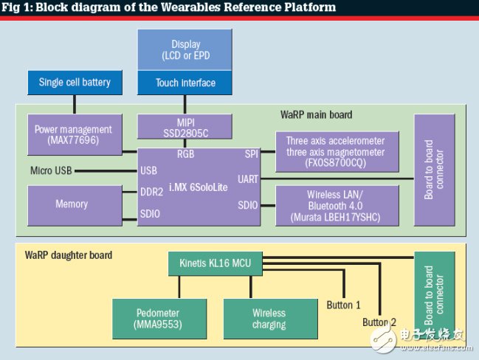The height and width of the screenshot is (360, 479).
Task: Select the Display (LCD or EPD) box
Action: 185,50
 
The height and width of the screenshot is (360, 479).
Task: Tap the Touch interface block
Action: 185,83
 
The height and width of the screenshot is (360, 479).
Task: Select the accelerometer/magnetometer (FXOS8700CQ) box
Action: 335,151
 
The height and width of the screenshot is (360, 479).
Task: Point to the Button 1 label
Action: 344,305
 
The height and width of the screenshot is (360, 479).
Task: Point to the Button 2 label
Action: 379,322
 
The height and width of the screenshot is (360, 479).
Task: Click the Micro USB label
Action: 51,171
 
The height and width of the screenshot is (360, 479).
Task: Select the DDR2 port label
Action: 152,191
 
